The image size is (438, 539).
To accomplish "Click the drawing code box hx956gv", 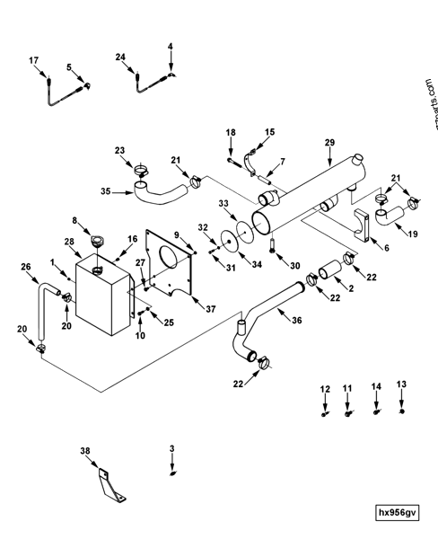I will [398, 513].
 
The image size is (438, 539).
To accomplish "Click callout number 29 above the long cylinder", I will [328, 143].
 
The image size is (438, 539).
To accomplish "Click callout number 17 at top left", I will [34, 61].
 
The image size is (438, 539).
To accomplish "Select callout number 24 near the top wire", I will [119, 57].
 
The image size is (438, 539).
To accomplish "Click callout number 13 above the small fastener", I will [401, 384].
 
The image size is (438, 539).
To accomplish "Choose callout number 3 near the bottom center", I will [172, 446].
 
